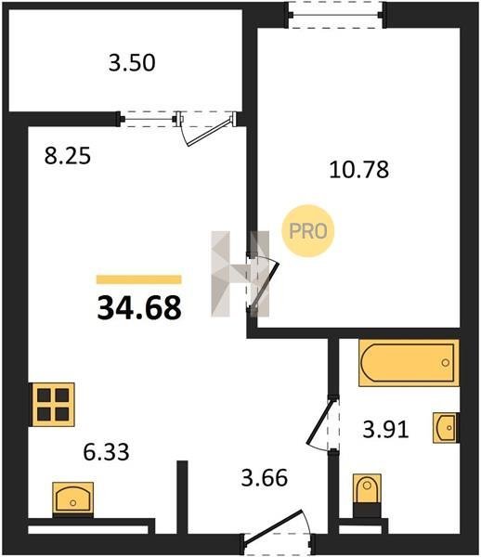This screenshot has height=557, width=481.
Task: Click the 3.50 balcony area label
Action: click(132, 63)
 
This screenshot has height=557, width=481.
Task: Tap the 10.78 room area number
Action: click(359, 170)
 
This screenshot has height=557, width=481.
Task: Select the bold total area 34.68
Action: click(139, 307)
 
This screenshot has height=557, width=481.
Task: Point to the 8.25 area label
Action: click(68, 156)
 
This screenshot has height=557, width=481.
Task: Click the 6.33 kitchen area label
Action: click(106, 452)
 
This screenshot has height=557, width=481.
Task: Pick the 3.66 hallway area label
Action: click(265, 478)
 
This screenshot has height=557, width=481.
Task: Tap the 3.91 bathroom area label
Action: click(385, 430)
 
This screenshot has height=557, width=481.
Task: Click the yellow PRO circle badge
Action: click(308, 231)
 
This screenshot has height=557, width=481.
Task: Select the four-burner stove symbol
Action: click(53, 404)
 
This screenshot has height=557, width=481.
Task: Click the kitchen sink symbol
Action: click(72, 499)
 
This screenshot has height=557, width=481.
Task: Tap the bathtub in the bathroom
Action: click(409, 363)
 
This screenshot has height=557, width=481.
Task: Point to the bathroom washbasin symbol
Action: click(446, 427)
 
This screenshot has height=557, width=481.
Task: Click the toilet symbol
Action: click(367, 495)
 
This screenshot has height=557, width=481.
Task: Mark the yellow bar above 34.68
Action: click(139, 279)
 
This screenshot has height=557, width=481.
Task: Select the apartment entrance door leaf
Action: click(273, 525)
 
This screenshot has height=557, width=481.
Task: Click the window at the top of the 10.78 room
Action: click(337, 15)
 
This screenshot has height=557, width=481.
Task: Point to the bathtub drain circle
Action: click(445, 363)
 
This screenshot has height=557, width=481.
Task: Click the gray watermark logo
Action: click(240, 274)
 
